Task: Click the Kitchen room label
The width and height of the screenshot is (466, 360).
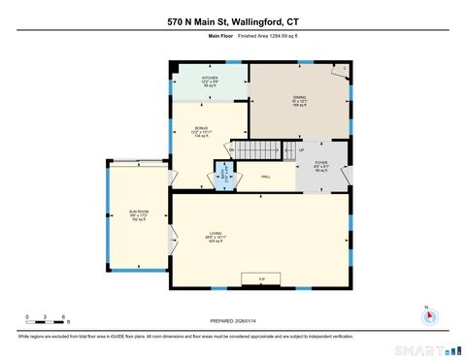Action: pos(209,81)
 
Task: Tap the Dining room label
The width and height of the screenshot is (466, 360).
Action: pos(300,100)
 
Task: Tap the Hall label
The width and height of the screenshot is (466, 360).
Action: pos(266,177)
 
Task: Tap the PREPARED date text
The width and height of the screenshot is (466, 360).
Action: pos(234,321)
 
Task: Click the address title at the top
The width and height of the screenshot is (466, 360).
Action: pos(233,19)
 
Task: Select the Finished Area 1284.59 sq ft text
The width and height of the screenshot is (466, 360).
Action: pos(255,36)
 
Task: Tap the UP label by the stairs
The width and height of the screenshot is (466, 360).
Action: pos(301,150)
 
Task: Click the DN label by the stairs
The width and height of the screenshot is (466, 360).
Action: pos(231,149)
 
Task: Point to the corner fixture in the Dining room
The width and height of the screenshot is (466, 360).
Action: pos(345,70)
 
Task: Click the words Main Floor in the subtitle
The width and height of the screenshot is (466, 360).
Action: pos(221,36)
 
